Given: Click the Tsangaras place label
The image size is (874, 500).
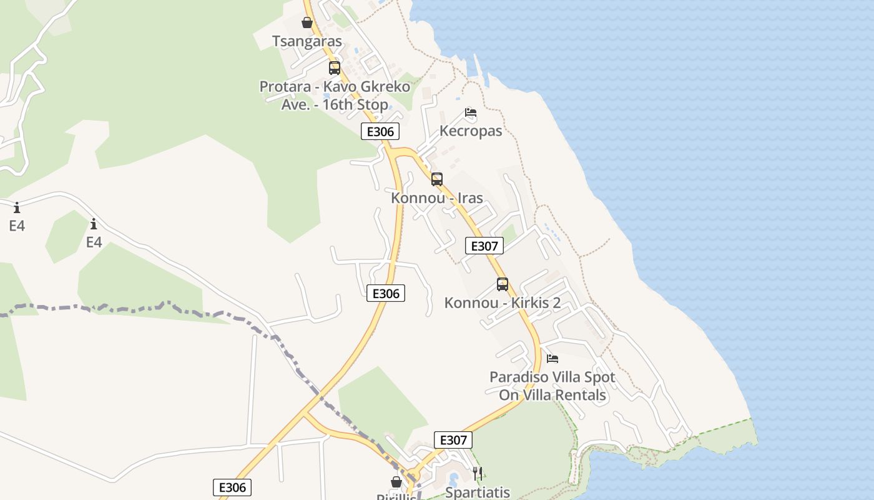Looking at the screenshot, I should point(307,41).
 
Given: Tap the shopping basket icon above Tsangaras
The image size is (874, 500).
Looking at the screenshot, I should point(307,23).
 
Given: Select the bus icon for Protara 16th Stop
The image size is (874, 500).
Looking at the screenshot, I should point(335,68).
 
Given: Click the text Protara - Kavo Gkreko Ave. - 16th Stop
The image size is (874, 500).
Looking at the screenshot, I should point(335,96).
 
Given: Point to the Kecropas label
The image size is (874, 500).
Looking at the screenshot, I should point(471,131).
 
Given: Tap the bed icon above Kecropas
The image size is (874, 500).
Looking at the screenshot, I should point(471,113).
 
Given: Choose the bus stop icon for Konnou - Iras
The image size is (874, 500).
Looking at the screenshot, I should point(437,179).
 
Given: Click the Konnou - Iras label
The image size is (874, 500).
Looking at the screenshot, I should point(437,198).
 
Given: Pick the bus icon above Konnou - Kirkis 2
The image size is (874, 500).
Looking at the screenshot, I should point(503,284).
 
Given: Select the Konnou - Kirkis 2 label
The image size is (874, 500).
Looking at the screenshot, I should point(503,303).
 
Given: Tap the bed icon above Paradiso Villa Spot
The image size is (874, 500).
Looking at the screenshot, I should point(552,359).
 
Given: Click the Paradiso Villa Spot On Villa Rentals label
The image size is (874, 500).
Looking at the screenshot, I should point(552,386).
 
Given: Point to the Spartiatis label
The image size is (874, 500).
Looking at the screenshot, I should point(478,492).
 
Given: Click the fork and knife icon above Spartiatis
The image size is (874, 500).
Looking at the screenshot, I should point(478,474).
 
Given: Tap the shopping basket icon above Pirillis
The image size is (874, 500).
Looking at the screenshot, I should point(396,482).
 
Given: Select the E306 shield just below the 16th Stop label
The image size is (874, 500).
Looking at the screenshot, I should point(380,132).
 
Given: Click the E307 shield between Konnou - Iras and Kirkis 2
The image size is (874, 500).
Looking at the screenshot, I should point(484,246).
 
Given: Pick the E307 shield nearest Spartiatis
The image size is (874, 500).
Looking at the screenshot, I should point(453,440).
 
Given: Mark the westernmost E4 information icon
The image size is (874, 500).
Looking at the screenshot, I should point(17,207).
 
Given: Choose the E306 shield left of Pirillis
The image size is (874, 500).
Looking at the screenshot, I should point(232,487).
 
